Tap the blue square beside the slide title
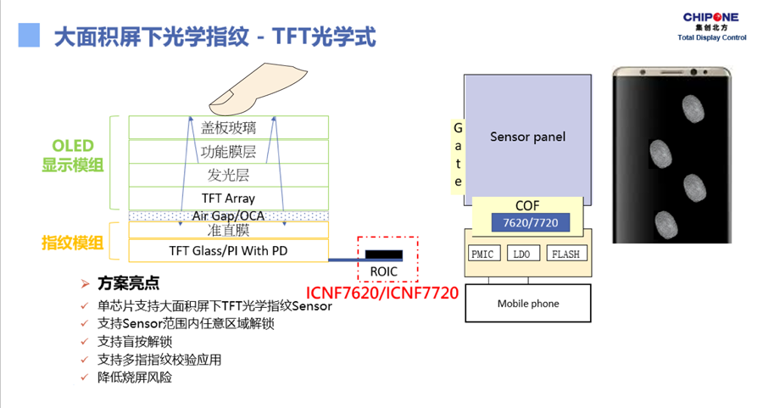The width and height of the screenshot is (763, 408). pos(30,35)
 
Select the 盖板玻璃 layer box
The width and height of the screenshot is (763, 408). pos(228,127)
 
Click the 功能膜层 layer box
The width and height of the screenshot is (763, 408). pos(228,152)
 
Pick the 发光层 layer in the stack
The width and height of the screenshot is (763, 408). pos(228,176)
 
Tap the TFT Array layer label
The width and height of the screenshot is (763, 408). pos(228,198)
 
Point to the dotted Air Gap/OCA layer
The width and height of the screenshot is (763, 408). pos(228,215)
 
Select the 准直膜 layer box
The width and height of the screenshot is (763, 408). pos(228,230)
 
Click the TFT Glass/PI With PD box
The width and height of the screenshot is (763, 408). pos(228,250)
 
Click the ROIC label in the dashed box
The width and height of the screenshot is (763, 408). pos(384,271)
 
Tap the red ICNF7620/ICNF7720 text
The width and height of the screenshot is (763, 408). pos(382,293)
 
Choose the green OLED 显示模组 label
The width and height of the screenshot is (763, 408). pos(72,155)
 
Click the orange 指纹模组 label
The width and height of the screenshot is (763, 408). pos(72,243)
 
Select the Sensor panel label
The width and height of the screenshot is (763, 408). pos(527,137)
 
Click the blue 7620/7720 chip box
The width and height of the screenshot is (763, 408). pos(531,224)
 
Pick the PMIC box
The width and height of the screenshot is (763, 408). pos(484,254)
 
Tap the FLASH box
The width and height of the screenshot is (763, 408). pos(565,254)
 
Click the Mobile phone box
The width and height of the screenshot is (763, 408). pos(527,303)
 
